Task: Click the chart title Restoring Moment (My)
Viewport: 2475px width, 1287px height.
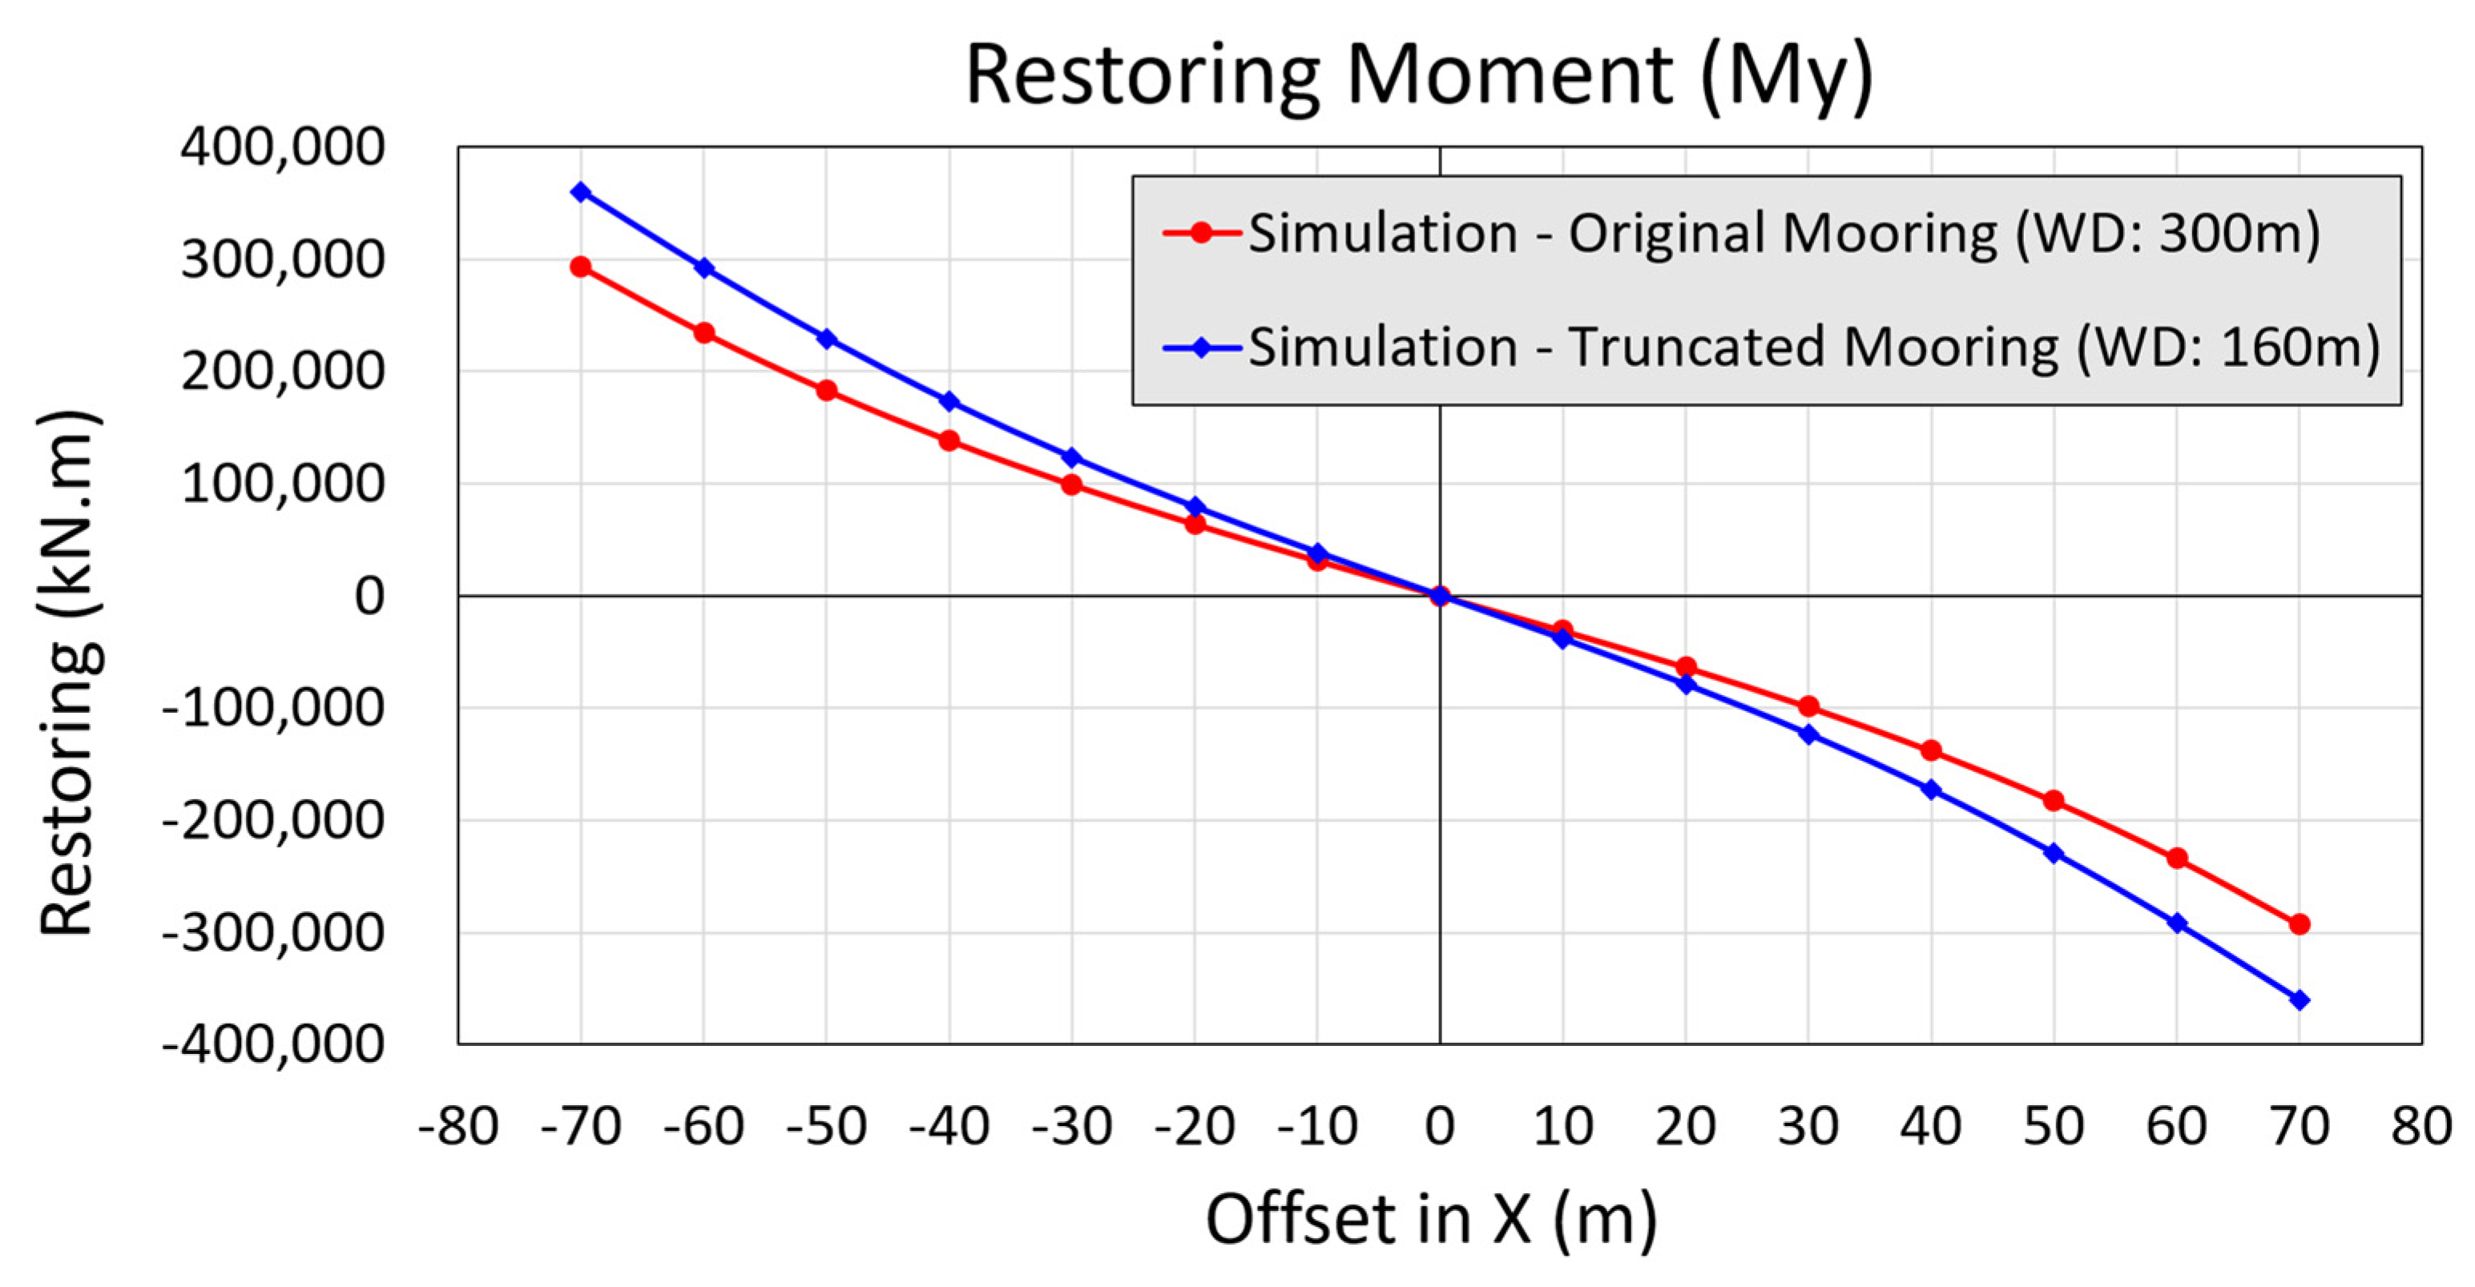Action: [1418, 77]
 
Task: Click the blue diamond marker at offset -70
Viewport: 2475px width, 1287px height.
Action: [580, 192]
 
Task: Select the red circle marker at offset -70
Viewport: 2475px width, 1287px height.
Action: [580, 267]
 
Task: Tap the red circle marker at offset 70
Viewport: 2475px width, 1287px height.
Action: [2300, 924]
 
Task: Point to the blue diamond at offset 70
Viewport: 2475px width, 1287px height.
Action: [2300, 999]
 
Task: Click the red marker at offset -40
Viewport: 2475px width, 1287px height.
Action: [949, 440]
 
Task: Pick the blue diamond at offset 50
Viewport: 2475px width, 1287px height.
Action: [2054, 853]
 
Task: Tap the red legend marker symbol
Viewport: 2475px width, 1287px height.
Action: [1200, 233]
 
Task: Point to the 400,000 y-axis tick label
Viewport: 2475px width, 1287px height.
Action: [281, 148]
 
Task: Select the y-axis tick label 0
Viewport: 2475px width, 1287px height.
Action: [369, 597]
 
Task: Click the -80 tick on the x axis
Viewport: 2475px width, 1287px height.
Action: [458, 1127]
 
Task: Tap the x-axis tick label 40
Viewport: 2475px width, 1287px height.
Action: [1930, 1127]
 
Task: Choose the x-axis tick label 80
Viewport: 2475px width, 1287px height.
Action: [2421, 1127]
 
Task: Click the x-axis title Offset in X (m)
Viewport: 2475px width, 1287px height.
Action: [1432, 1220]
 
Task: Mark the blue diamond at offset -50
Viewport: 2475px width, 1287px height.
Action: [826, 339]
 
